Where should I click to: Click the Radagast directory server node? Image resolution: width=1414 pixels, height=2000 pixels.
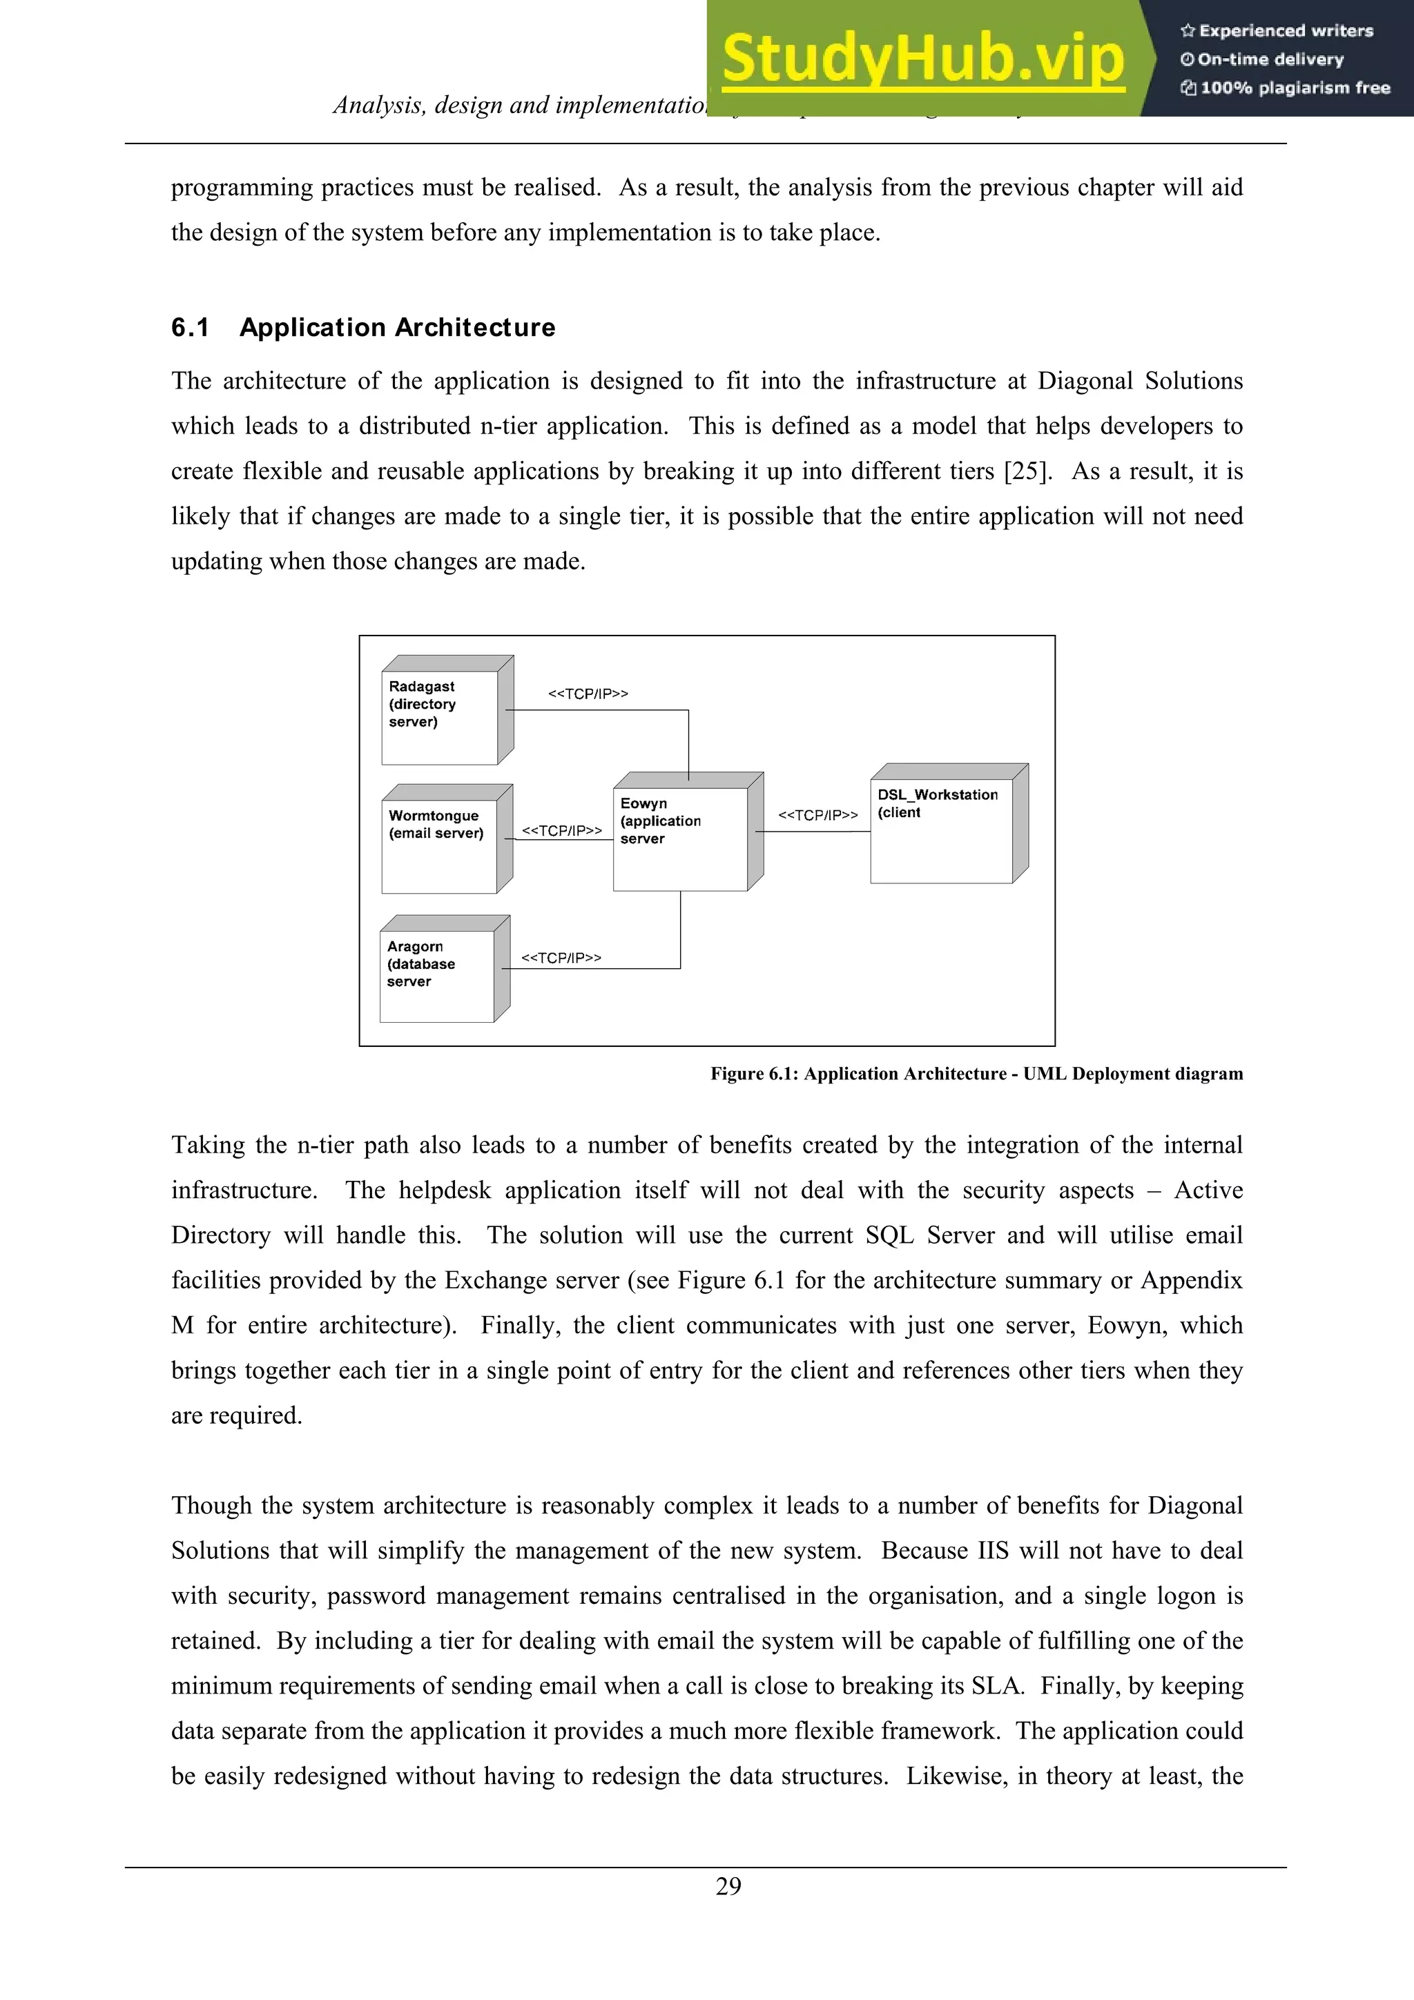(x=440, y=717)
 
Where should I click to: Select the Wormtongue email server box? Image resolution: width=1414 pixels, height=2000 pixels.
(x=440, y=845)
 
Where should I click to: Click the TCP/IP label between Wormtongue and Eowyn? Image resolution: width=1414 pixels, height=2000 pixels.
(x=561, y=830)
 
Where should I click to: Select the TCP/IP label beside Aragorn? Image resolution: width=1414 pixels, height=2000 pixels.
(x=561, y=957)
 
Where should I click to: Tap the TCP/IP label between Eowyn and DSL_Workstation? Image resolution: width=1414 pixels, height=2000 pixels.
(x=817, y=814)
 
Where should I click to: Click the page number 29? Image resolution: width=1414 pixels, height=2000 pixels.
(x=728, y=1886)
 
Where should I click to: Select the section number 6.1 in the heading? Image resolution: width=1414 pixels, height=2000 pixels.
(x=190, y=328)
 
